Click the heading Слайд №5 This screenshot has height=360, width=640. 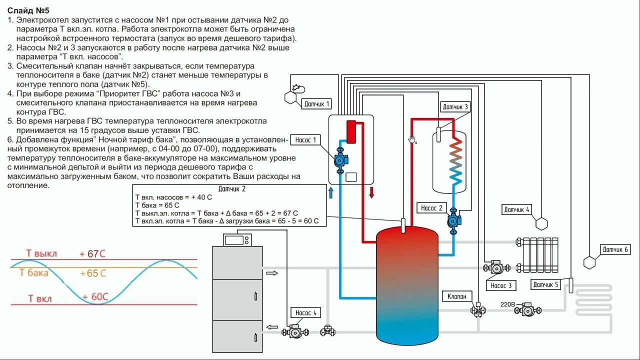click(x=28, y=10)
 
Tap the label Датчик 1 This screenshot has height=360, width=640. click(x=317, y=104)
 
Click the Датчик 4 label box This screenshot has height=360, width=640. click(x=516, y=209)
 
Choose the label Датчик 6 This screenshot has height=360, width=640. click(x=615, y=249)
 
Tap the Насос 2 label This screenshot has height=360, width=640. click(x=431, y=208)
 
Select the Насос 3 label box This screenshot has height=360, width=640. click(x=501, y=285)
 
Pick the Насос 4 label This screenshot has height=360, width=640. click(x=306, y=313)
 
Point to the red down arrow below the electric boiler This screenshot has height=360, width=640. click(x=371, y=193)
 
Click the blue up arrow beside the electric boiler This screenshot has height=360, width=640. click(x=330, y=193)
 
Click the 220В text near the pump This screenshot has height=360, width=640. click(x=508, y=304)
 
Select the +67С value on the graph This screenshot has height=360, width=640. click(x=92, y=254)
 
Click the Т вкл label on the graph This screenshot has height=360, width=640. click(x=39, y=299)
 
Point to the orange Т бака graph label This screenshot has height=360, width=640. click(x=34, y=273)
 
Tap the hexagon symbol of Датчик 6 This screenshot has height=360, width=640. click(x=590, y=262)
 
